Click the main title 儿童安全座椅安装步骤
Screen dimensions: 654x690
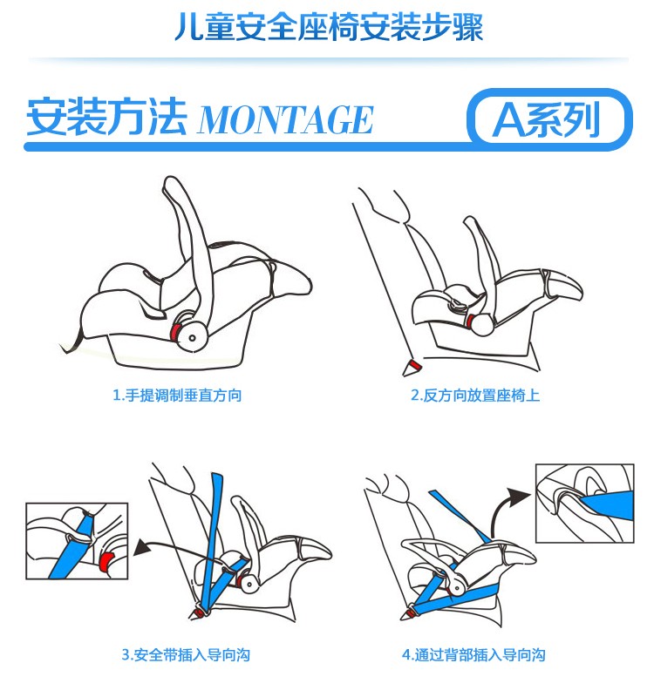329,27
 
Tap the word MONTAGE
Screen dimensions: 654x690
286,119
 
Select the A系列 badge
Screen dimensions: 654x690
549,118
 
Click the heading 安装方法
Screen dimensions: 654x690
106,117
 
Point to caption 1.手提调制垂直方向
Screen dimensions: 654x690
177,395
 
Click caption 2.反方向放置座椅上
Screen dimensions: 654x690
474,395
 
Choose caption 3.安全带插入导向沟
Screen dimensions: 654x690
186,654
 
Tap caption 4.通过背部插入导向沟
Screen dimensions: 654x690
473,654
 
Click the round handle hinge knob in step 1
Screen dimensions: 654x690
192,337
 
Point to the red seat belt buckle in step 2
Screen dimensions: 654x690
413,366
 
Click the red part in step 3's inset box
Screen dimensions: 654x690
106,562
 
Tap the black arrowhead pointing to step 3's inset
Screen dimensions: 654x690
141,548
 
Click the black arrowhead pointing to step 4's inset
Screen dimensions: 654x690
520,497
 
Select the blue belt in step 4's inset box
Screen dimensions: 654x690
608,504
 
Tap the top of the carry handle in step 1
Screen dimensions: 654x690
171,183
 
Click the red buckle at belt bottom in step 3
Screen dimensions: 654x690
198,612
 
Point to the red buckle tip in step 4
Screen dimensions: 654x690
409,612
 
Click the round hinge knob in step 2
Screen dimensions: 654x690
482,325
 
